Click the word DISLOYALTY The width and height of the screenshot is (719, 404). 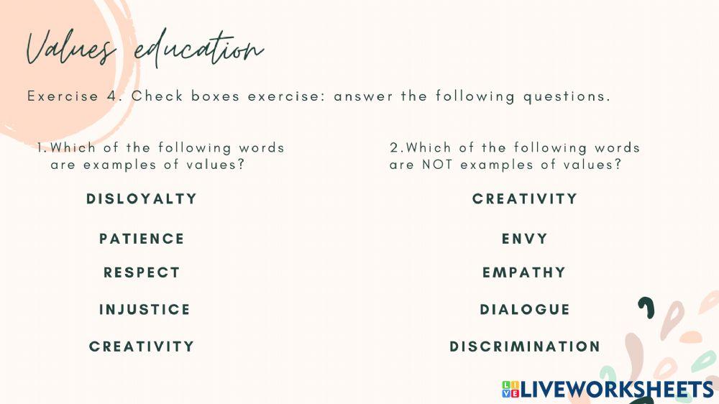pos(142,199)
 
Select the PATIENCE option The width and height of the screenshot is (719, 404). pos(142,239)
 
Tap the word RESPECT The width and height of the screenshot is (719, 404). pos(142,272)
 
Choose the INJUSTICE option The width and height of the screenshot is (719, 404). pos(145,310)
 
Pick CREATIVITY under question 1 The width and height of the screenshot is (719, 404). pos(142,346)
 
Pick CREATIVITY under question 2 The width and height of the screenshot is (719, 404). pos(525,199)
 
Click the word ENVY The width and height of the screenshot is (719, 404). pos(525,239)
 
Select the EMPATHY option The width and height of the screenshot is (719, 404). pos(524,272)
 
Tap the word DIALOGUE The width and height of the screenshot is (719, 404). pos(525,310)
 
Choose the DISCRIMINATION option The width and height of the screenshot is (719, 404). pos(525,346)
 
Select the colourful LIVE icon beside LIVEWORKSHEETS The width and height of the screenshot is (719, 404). pos(510,390)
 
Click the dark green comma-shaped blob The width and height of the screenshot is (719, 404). pos(647,308)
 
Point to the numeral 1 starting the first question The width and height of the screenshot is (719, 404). pos(41,148)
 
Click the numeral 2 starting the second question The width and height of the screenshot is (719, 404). pos(394,148)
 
